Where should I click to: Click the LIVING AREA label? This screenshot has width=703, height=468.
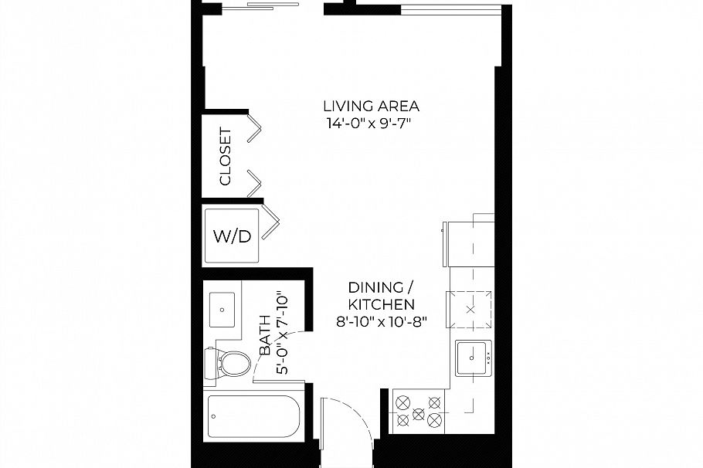(372, 107)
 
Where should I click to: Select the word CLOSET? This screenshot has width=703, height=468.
(225, 156)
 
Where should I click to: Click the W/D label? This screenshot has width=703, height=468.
(232, 236)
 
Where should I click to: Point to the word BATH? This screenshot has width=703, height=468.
(265, 335)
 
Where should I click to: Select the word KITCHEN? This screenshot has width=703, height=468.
(381, 304)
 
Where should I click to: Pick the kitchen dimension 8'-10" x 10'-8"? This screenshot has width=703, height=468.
(381, 321)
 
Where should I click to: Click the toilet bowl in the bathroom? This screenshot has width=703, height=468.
(236, 364)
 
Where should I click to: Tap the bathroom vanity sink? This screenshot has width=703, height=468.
(222, 310)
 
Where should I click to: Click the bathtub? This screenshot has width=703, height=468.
(253, 416)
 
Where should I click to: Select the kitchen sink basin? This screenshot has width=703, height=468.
(473, 358)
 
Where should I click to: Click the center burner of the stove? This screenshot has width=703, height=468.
(418, 413)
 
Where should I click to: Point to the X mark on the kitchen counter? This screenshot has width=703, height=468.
(470, 310)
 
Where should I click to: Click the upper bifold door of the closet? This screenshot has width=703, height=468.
(255, 128)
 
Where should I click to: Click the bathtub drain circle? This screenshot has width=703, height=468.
(213, 416)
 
